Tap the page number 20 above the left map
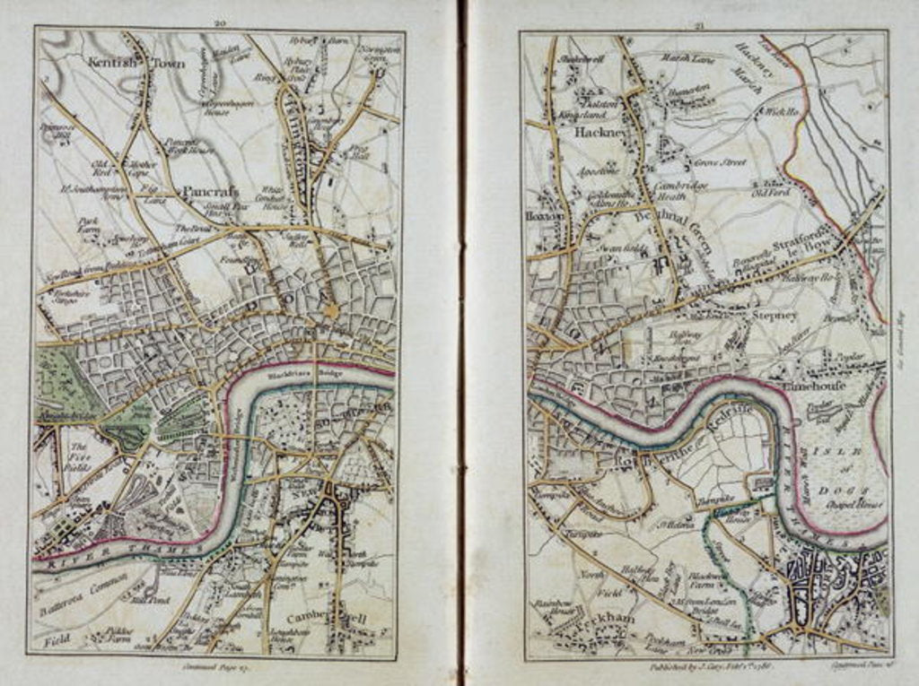coord(219,21)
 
